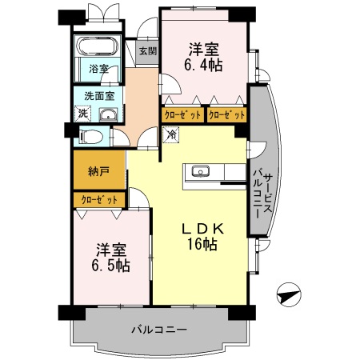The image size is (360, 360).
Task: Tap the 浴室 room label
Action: [98, 69]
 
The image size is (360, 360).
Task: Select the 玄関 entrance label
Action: [147, 52]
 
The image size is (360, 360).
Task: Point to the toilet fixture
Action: [91, 136]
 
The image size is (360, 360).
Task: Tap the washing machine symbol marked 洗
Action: [83, 114]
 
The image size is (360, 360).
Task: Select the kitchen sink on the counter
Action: [201, 170]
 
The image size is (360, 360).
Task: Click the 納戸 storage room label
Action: [98, 170]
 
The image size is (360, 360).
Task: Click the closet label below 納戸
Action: [98, 199]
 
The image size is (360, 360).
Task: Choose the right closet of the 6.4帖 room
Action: [226, 114]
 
